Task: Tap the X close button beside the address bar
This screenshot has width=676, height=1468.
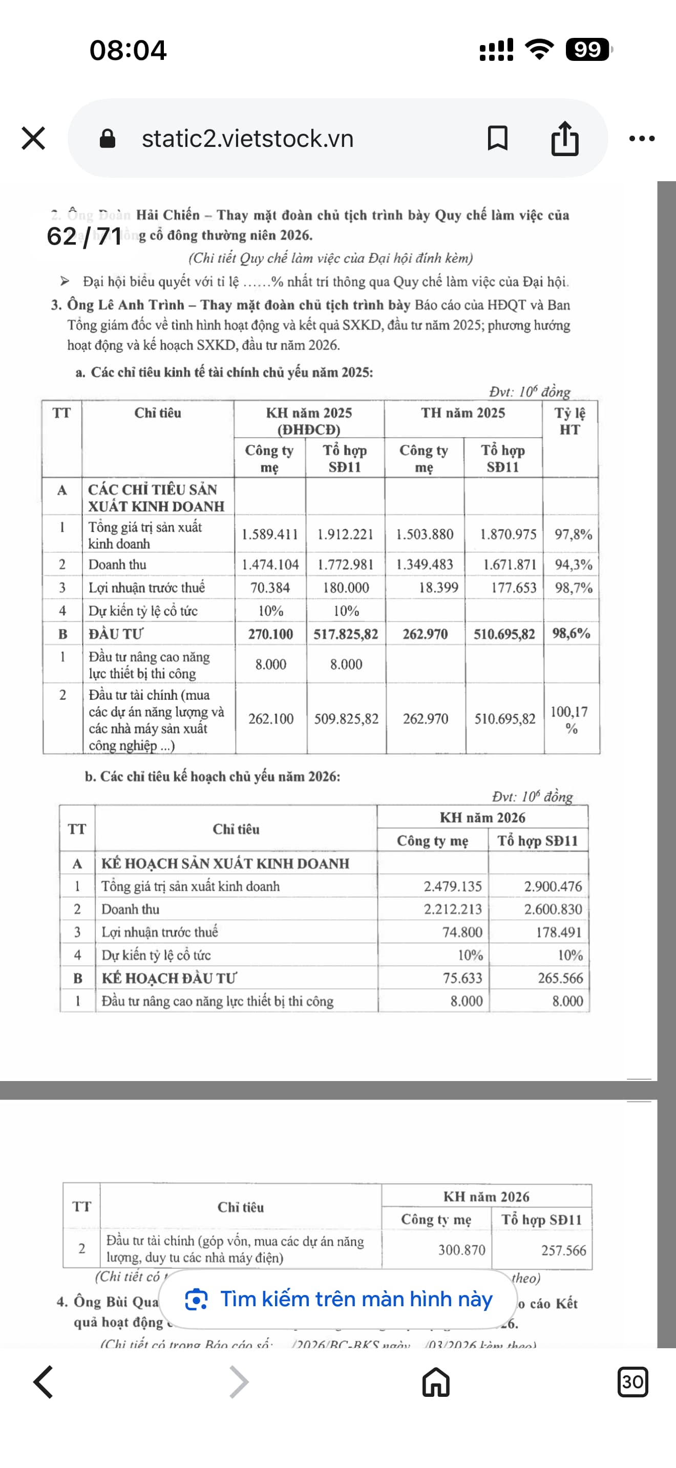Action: click(33, 139)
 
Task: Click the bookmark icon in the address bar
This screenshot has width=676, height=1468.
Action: click(497, 139)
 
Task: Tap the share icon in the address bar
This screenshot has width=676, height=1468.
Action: click(564, 139)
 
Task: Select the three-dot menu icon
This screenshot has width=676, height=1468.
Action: click(642, 139)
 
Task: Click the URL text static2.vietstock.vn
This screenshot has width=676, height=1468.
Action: click(247, 139)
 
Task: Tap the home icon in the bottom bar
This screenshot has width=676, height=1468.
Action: click(436, 1382)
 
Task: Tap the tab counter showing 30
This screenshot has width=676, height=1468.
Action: click(632, 1382)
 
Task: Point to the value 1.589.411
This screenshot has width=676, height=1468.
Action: click(269, 534)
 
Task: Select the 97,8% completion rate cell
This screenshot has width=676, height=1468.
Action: click(573, 534)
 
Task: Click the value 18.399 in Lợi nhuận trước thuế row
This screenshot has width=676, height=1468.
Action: click(438, 588)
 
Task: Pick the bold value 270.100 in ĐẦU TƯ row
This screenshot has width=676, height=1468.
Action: click(270, 634)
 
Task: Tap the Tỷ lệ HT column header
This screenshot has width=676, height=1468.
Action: click(569, 421)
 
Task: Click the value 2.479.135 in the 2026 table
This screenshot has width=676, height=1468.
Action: click(452, 886)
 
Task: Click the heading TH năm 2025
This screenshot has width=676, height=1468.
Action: click(463, 413)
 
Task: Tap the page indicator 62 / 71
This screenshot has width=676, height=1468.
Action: click(84, 236)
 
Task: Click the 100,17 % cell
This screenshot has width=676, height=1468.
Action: click(571, 719)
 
